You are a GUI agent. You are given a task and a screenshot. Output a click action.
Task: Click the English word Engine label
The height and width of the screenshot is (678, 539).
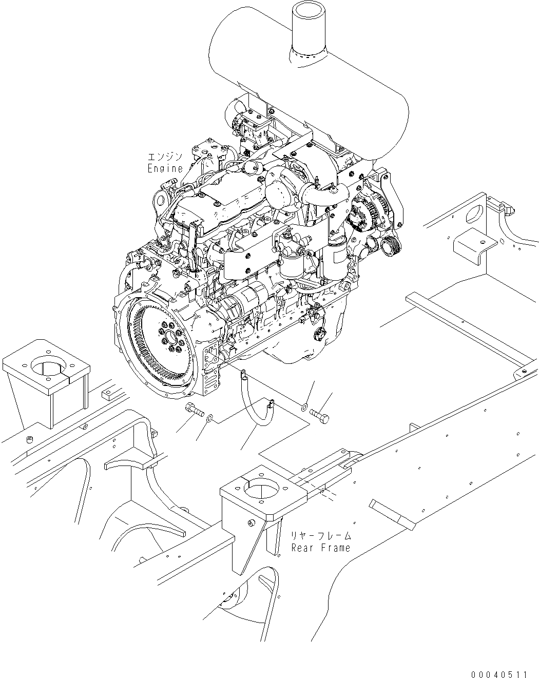click(x=165, y=168)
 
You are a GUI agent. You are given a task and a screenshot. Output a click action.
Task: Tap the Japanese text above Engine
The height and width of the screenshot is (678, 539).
click(x=165, y=157)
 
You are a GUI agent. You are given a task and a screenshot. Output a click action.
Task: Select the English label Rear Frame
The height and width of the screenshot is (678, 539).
click(x=321, y=548)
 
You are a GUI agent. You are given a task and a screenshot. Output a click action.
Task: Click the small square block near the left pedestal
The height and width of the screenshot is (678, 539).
click(x=109, y=394)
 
